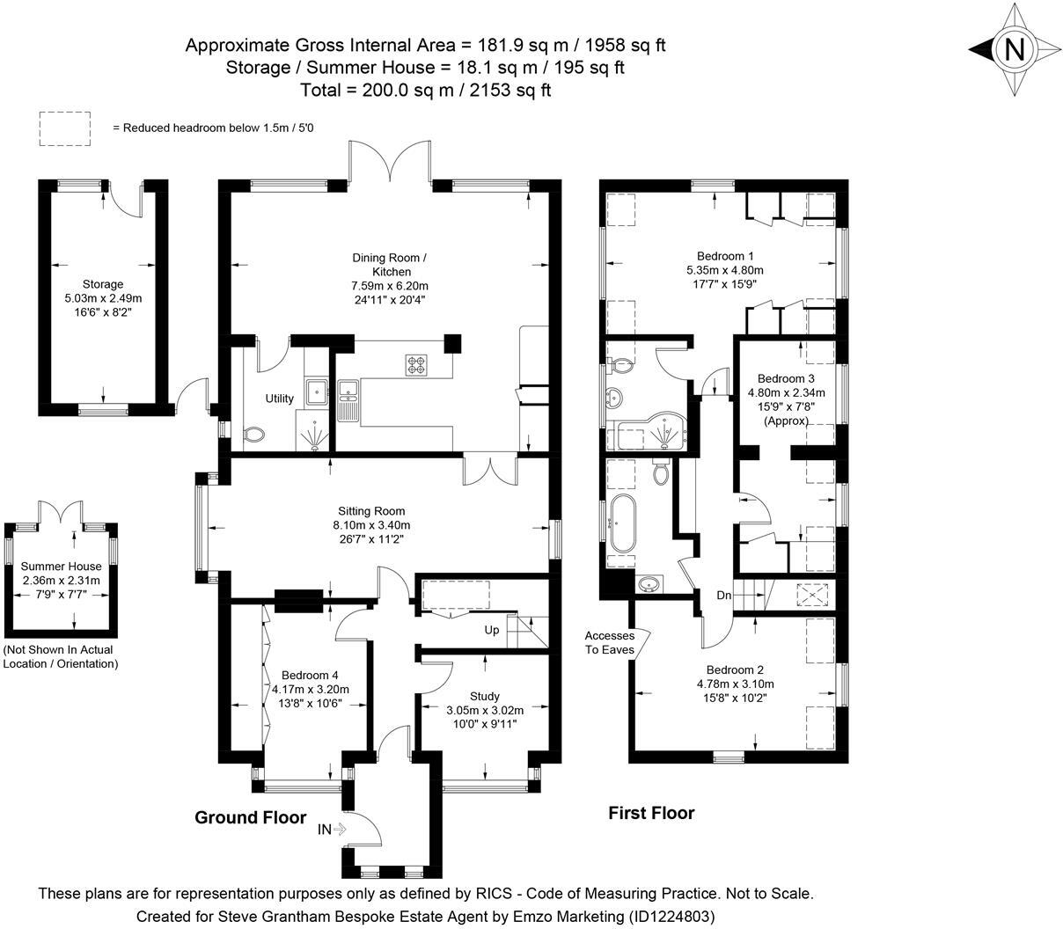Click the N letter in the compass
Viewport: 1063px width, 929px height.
tap(1015, 50)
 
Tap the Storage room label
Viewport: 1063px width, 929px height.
tap(103, 284)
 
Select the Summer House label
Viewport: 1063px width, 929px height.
tap(61, 567)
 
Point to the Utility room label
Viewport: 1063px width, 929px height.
tap(280, 399)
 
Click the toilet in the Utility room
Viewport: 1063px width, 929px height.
tap(254, 434)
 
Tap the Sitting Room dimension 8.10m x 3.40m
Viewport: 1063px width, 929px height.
tap(371, 525)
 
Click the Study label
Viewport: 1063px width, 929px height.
tap(484, 696)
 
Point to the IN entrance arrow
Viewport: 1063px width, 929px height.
tap(334, 829)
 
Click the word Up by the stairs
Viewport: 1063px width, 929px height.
tap(492, 630)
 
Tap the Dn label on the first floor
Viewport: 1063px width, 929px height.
tap(723, 596)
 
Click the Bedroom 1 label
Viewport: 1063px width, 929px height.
tap(725, 256)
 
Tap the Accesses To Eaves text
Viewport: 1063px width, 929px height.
tap(609, 642)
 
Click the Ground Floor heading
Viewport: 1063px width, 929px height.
tap(250, 817)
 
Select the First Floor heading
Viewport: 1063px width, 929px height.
tap(651, 813)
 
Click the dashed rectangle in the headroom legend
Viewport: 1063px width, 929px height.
tap(65, 128)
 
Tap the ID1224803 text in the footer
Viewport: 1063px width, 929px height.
tap(671, 916)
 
